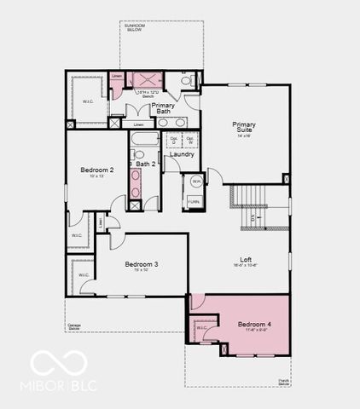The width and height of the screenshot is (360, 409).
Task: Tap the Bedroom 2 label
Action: coord(96,170)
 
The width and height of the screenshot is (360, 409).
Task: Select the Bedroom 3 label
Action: coord(142,264)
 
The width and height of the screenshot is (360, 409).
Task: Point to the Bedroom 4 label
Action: coord(255,325)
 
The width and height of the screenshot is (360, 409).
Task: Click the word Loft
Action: coord(245,259)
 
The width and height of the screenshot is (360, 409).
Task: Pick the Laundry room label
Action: coord(182,154)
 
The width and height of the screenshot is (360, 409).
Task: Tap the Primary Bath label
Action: coord(163,108)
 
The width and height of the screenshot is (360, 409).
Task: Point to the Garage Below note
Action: coord(77,326)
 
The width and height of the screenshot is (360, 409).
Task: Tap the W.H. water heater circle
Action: coord(195,181)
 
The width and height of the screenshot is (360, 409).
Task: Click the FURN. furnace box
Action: coord(195,201)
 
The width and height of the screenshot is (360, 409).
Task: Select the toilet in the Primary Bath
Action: coord(187,82)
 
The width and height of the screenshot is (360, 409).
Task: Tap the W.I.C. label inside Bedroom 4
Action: coord(201,328)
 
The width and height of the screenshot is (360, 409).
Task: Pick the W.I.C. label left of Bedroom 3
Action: coord(84,274)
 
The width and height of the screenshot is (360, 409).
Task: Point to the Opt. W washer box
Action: coord(190,139)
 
